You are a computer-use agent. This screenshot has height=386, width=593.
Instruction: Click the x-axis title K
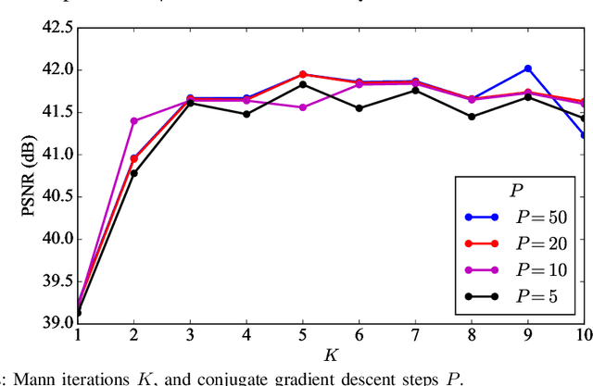click(331, 355)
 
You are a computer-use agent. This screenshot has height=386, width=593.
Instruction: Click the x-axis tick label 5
click(303, 335)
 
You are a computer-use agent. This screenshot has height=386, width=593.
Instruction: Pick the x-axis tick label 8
click(472, 335)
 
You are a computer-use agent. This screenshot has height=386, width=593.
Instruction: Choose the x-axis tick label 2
click(134, 335)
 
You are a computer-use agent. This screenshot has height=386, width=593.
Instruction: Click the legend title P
click(519, 191)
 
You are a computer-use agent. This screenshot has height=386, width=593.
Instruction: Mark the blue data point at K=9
click(527, 68)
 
